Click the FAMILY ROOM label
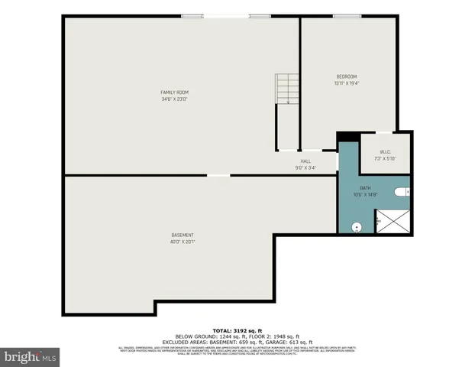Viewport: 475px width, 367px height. pyautogui.click(x=174, y=93)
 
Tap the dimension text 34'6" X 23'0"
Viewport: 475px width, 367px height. pyautogui.click(x=174, y=99)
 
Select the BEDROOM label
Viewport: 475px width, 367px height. pyautogui.click(x=347, y=76)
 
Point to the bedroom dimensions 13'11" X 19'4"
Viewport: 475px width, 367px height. pyautogui.click(x=347, y=83)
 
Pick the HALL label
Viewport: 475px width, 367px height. pyautogui.click(x=305, y=161)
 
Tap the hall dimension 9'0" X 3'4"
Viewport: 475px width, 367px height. pyautogui.click(x=305, y=167)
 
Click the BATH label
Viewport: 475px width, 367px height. pyautogui.click(x=365, y=188)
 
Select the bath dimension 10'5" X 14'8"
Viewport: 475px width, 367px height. pyautogui.click(x=365, y=194)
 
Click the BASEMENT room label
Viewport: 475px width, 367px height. pyautogui.click(x=182, y=235)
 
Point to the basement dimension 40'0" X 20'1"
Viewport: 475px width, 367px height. pyautogui.click(x=182, y=242)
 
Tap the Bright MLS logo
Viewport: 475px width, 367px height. pyautogui.click(x=31, y=356)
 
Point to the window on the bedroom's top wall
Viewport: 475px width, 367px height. pyautogui.click(x=347, y=16)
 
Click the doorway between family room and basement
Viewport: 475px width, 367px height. pyautogui.click(x=218, y=176)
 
